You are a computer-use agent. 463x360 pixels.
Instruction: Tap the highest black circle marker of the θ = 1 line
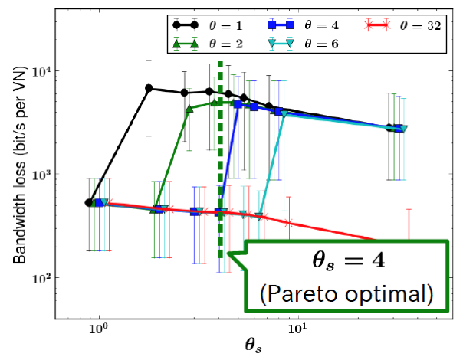pos(149,88)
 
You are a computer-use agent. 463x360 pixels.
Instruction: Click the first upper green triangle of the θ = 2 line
pos(189,109)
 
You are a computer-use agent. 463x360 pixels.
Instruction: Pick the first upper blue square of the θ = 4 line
pos(238,104)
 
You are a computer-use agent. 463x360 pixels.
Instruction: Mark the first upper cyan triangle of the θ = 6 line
pos(284,114)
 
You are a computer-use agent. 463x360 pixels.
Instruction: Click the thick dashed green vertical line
pos(221,153)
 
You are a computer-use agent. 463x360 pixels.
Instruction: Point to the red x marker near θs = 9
pos(288,223)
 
